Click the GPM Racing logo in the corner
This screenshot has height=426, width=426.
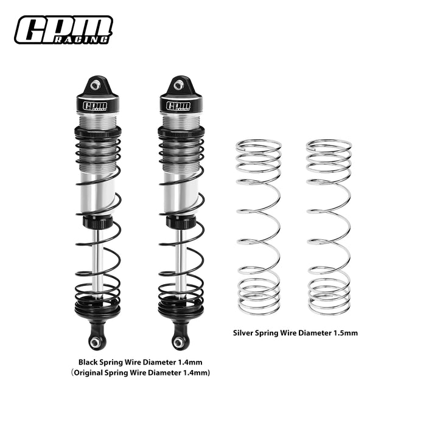tap(63, 30)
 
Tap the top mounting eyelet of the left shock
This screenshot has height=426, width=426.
tap(96, 85)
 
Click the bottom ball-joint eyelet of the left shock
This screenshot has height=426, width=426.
tap(96, 343)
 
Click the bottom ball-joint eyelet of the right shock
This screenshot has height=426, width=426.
tap(179, 343)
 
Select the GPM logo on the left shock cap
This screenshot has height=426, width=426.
tap(96, 105)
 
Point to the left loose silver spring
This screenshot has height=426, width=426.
tap(259, 228)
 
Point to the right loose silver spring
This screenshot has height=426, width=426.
tap(329, 228)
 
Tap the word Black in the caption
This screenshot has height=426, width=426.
tap(100, 361)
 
